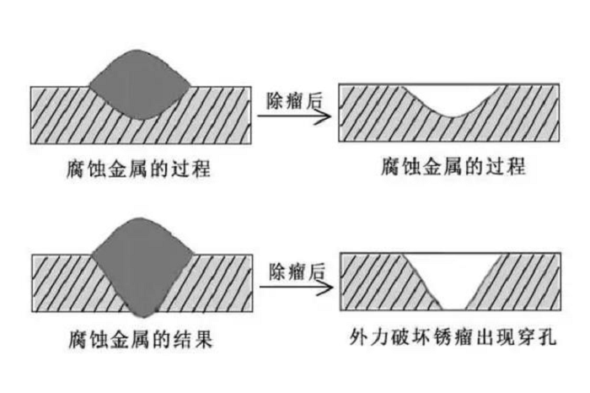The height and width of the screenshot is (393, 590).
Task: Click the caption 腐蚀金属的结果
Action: click(139, 341)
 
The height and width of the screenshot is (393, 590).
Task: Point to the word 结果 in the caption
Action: click(192, 341)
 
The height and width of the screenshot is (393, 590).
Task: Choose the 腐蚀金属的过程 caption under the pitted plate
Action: click(453, 165)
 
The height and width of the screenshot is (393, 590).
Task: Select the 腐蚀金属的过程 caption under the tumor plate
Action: click(139, 167)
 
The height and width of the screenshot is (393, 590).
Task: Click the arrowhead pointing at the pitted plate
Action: click(323, 116)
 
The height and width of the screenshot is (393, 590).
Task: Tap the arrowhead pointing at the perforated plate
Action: click(323, 287)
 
